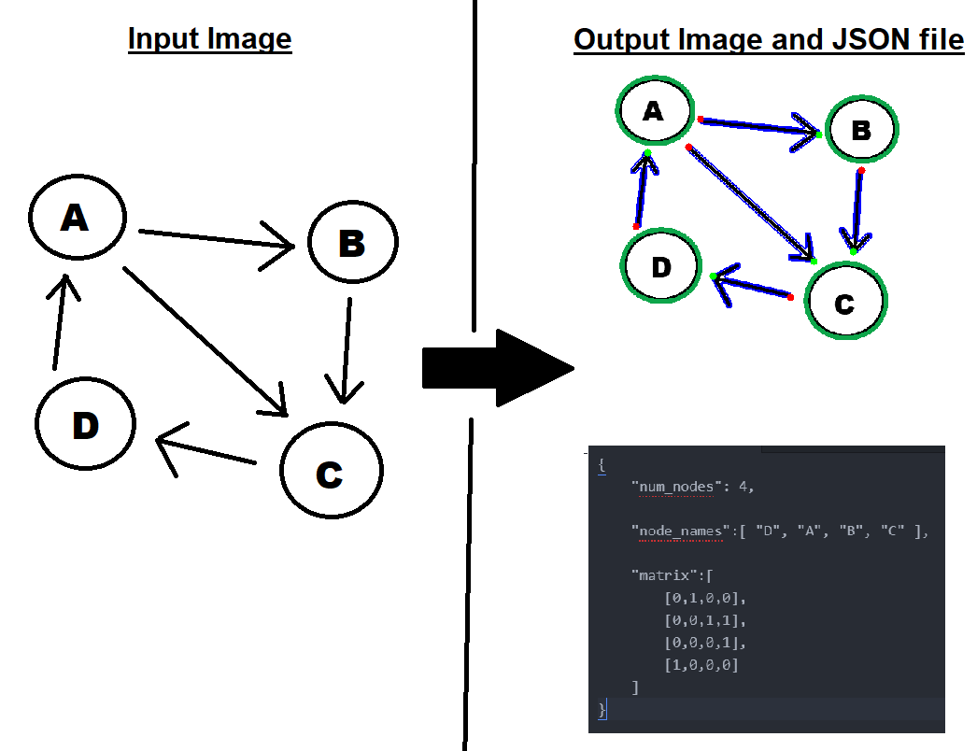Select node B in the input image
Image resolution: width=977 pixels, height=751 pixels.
coord(352,243)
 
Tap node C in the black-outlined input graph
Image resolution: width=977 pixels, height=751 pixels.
coord(331,472)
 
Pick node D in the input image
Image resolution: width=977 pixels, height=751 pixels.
coord(85,425)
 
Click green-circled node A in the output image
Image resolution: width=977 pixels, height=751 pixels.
coord(653,111)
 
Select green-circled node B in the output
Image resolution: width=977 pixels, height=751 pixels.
coord(860,130)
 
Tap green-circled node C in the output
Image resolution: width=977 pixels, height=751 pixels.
coord(844,302)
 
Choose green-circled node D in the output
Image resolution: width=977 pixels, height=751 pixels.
coord(661,266)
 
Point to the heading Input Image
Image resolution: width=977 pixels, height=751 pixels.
coord(209,39)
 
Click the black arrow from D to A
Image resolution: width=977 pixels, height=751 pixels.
coord(59,321)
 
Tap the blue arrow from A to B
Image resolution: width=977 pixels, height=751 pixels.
coord(758,126)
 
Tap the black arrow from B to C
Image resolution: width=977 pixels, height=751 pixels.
coord(345,351)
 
